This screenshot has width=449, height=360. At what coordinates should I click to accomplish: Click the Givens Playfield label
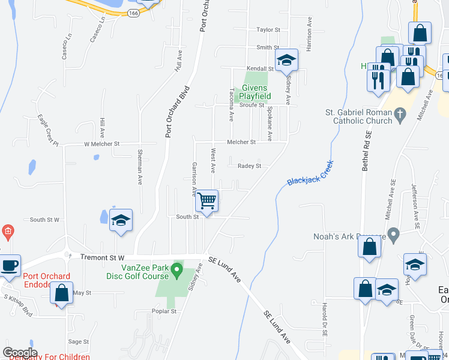(255, 92)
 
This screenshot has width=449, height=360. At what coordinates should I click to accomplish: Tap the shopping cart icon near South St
(207, 200)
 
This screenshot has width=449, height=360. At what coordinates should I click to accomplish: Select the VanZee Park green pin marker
(176, 271)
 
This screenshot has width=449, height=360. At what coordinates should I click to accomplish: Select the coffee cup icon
(10, 266)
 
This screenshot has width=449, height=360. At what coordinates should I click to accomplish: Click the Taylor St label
(268, 29)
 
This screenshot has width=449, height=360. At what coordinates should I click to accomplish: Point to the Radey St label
(250, 166)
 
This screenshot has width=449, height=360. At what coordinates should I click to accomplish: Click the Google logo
(20, 353)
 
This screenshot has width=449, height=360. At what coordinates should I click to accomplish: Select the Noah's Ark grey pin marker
(393, 233)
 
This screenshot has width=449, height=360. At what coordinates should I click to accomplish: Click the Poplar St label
(164, 311)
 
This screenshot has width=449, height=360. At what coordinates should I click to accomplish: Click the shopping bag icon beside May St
(61, 293)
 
